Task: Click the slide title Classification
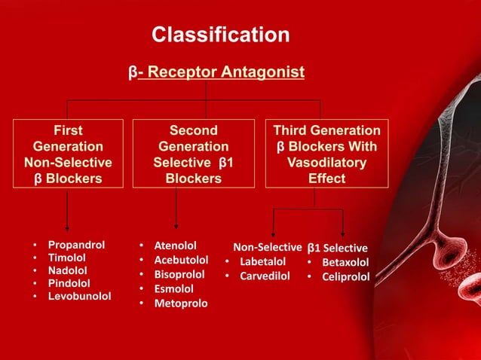tap(220, 35)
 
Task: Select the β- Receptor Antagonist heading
tap(216, 72)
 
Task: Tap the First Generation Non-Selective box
tap(68, 154)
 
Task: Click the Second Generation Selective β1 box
tap(193, 154)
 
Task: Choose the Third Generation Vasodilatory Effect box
tap(326, 154)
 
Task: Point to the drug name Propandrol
tap(76, 246)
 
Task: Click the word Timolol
tap(68, 258)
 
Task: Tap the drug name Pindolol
tap(69, 283)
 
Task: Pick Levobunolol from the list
tap(79, 296)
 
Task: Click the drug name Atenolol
tap(175, 246)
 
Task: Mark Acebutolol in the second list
tap(181, 260)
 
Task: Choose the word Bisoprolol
tap(179, 274)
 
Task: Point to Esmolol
tap(173, 288)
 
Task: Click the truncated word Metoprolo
tap(181, 304)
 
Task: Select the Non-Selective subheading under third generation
tap(267, 247)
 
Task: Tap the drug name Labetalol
tap(262, 261)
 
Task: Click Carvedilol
tap(265, 276)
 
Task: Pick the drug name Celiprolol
tap(346, 277)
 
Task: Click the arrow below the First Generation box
tap(67, 212)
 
